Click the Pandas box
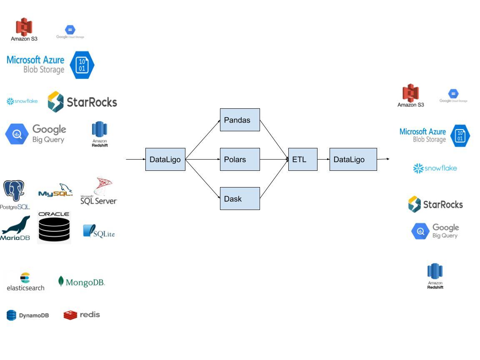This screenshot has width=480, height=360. [240, 120]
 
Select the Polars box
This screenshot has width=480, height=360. [240, 159]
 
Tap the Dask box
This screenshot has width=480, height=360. [240, 198]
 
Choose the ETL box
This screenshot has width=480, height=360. [302, 159]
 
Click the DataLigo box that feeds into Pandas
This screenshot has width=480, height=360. [165, 159]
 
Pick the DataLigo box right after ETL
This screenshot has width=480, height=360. [353, 159]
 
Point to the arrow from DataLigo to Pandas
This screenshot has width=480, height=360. [202, 140]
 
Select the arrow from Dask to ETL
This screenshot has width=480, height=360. [274, 179]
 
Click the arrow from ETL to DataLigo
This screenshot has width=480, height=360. [323, 159]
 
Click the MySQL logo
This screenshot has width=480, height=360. [55, 191]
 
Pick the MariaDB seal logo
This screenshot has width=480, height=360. [15, 228]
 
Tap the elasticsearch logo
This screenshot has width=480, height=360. [25, 282]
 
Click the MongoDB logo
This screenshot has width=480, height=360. [81, 282]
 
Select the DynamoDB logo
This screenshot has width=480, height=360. [27, 315]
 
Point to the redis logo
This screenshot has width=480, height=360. [82, 315]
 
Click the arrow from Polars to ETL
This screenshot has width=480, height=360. [274, 159]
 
